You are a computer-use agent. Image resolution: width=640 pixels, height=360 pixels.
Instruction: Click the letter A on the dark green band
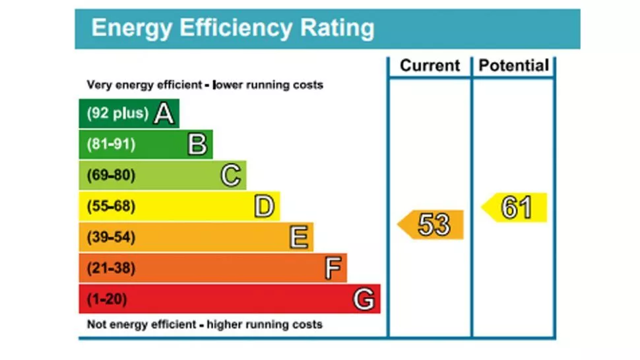[x=164, y=113]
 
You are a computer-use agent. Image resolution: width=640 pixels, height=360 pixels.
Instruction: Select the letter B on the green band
[x=197, y=144]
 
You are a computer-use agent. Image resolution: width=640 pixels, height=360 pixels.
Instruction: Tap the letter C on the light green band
[x=230, y=175]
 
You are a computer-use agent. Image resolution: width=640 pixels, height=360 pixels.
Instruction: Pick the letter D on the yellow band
[x=264, y=207]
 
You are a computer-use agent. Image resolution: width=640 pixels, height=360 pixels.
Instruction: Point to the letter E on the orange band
[x=299, y=237]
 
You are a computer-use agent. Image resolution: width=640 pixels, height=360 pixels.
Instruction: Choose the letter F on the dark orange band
[x=333, y=268]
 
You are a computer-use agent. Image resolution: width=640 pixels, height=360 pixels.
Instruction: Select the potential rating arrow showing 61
[x=514, y=208]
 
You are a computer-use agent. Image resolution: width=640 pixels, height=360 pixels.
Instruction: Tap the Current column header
[x=430, y=66]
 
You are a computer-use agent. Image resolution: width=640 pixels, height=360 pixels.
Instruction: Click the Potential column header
[x=513, y=66]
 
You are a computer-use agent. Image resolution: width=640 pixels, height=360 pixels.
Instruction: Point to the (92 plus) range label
[x=117, y=113]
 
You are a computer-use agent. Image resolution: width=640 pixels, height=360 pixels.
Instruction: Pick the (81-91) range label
[x=111, y=144]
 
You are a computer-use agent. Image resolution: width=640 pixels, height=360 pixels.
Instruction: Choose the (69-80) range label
[x=111, y=175]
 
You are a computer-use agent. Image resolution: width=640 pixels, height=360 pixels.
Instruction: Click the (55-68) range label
[x=111, y=207]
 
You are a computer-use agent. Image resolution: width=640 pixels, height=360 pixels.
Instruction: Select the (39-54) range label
[x=111, y=237]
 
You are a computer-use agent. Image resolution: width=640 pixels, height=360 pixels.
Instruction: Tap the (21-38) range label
[x=111, y=268]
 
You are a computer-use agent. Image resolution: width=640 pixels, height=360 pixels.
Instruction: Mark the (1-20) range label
[x=107, y=299]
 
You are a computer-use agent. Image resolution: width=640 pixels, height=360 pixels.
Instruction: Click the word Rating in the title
[x=337, y=28]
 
